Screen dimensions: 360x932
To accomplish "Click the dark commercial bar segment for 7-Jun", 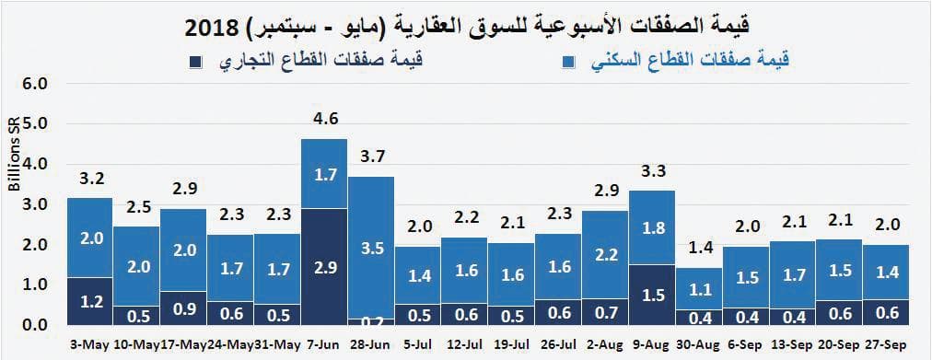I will click(x=324, y=267).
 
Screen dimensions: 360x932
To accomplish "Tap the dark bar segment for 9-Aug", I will click(x=653, y=295).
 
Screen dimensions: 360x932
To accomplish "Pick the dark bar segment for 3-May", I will click(x=89, y=301).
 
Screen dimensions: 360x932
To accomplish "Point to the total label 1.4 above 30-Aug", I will click(x=700, y=248).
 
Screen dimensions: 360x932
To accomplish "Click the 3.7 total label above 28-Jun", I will click(x=371, y=156).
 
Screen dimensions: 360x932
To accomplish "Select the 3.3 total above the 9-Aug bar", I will click(x=653, y=170).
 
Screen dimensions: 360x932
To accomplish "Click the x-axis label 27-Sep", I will click(x=888, y=344).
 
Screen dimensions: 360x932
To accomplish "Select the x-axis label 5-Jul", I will click(x=418, y=344).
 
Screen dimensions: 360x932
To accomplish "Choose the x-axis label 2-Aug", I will click(x=606, y=344).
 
